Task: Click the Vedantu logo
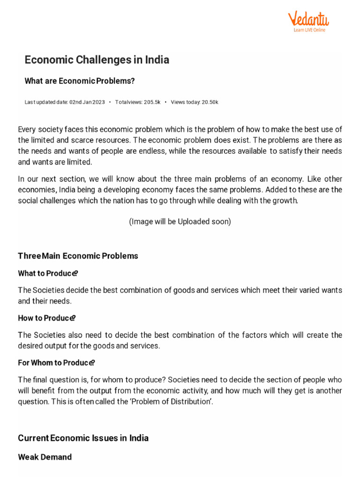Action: pos(308,20)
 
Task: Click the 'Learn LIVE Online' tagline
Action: pos(309,30)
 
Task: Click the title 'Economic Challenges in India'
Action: pos(97,60)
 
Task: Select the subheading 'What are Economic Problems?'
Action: pos(79,81)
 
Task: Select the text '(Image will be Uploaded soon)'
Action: pos(180,222)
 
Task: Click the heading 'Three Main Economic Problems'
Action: pos(78,256)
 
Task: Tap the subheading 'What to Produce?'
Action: pos(48,273)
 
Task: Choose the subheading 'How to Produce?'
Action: pos(47,318)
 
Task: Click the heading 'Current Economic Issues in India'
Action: pos(83,438)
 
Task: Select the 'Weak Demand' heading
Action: pos(45,457)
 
